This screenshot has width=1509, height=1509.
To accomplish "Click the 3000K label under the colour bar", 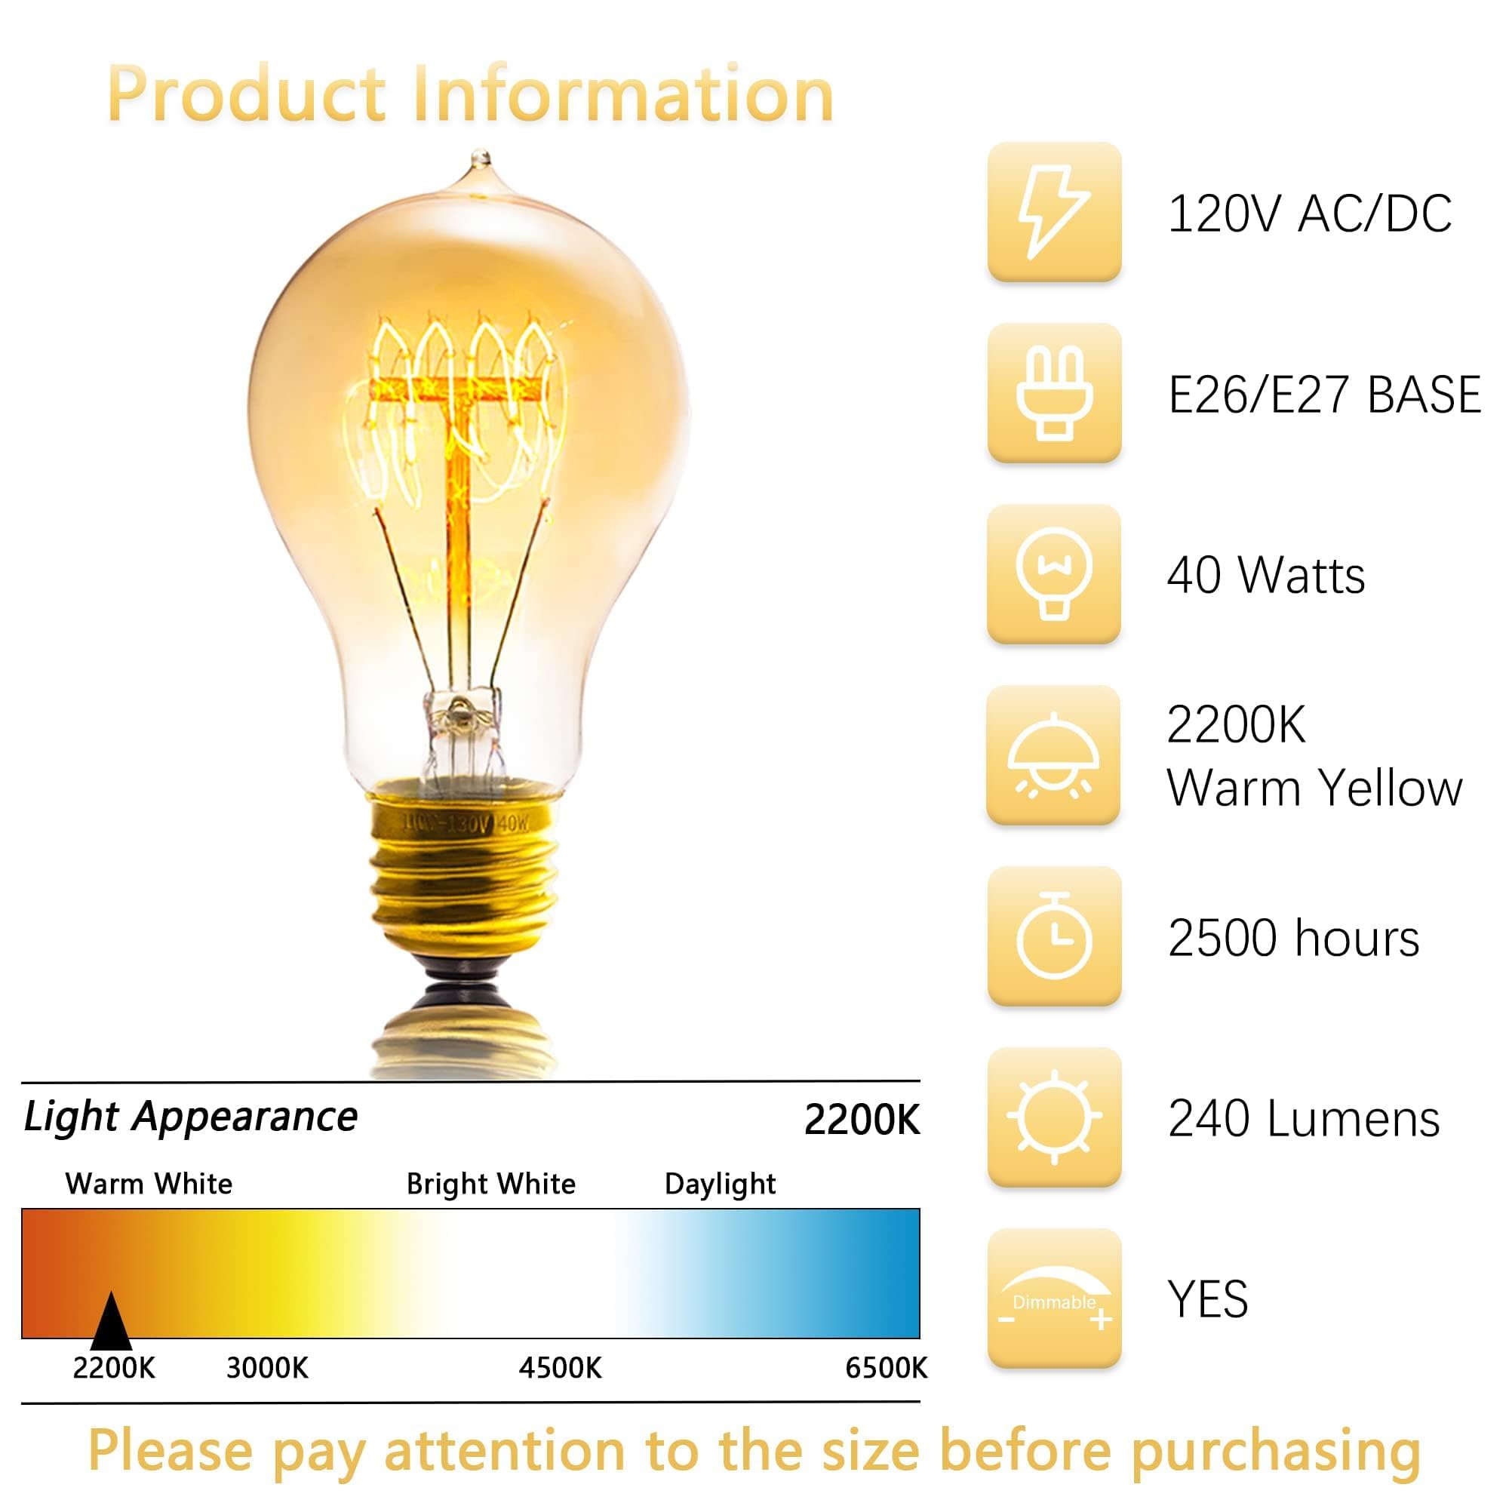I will click(x=267, y=1369).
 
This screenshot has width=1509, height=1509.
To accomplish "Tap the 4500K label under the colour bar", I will click(x=560, y=1369).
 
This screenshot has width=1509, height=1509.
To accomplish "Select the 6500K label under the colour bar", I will click(x=886, y=1369).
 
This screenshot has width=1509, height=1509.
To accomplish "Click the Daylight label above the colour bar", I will click(x=719, y=1184).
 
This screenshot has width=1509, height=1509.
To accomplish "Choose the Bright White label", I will click(x=490, y=1184).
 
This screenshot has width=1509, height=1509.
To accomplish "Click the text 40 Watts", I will click(x=1265, y=576).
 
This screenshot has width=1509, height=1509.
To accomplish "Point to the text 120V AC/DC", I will click(x=1309, y=214).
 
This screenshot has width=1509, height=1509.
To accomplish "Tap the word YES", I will click(x=1207, y=1300).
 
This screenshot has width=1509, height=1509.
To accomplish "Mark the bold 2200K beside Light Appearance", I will click(x=862, y=1120).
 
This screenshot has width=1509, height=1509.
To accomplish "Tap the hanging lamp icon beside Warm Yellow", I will click(x=1053, y=754).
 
